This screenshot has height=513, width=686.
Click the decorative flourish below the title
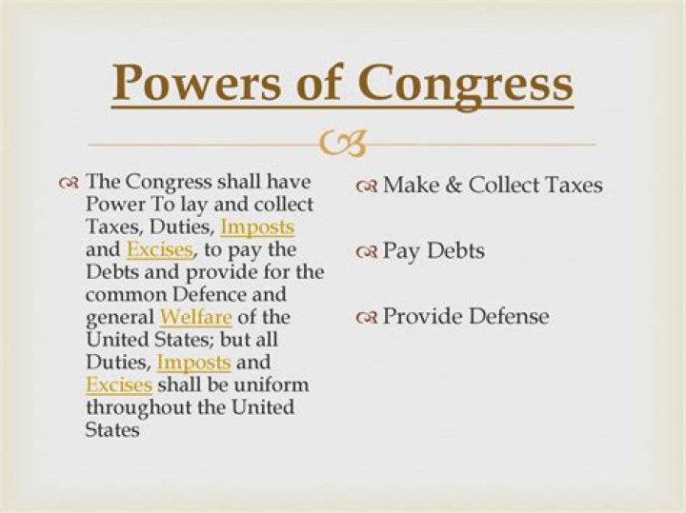click(x=342, y=145)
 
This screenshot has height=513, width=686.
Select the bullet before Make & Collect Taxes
click(x=369, y=186)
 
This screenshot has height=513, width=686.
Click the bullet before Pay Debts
click(x=369, y=252)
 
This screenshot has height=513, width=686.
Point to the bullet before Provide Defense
click(x=369, y=318)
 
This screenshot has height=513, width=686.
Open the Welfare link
click(x=197, y=317)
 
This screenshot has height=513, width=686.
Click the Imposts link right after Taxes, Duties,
click(x=257, y=227)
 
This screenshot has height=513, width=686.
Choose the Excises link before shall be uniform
click(x=119, y=385)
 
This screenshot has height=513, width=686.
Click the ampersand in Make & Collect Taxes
click(x=452, y=185)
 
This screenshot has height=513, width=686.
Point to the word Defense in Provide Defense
click(x=508, y=317)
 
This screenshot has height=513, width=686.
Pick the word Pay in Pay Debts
click(x=400, y=252)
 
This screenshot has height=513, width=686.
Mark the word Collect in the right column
click(x=502, y=185)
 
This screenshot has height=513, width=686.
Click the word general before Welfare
click(x=121, y=317)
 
